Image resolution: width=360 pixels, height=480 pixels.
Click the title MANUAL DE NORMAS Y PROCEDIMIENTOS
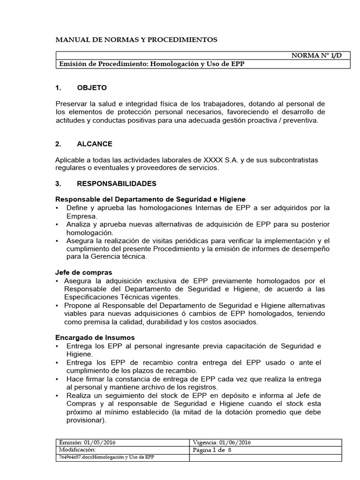click(x=136, y=40)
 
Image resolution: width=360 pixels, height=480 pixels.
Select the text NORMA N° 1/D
click(x=317, y=55)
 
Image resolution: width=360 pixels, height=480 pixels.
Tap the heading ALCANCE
click(x=95, y=144)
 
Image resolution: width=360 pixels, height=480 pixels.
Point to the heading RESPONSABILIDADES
click(x=117, y=183)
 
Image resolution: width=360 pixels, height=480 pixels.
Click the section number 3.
click(x=59, y=183)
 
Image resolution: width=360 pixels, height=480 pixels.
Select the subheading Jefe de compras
click(x=83, y=272)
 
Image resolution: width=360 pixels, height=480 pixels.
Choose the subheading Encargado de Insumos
click(x=95, y=337)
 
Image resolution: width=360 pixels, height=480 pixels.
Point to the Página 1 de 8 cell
click(x=213, y=450)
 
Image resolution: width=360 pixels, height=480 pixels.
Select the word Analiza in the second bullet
click(x=80, y=225)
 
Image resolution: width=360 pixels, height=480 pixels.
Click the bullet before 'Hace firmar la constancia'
click(x=57, y=379)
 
